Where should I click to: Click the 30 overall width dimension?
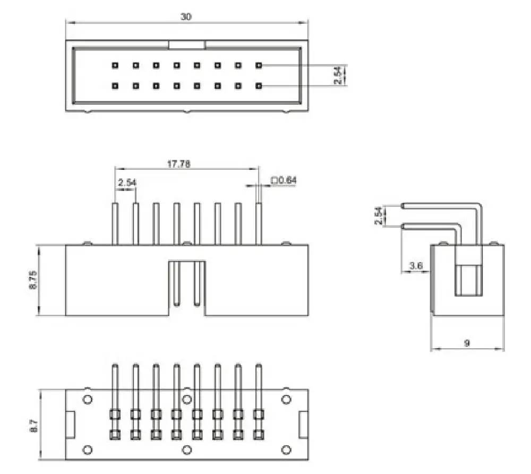[x=185, y=16]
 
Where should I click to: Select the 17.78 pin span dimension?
[x=179, y=164]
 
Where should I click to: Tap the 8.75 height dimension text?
[x=33, y=280]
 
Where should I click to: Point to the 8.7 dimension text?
[x=34, y=426]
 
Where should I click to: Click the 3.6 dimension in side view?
[x=416, y=266]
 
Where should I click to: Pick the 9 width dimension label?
[x=467, y=343]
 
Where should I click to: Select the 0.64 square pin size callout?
[x=284, y=180]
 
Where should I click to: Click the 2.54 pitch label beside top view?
[x=338, y=75]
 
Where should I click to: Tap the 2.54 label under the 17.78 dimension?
[x=127, y=183]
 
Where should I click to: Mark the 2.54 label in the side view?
[x=379, y=216]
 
